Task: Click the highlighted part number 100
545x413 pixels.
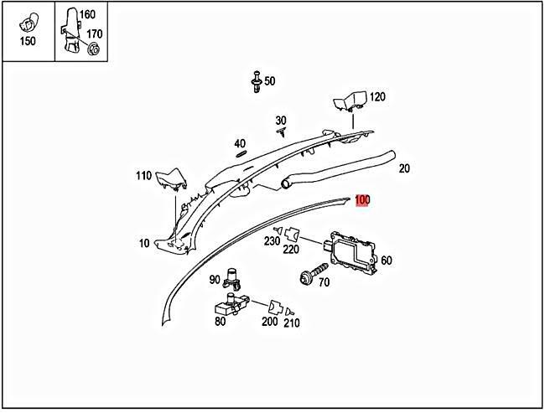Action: (362, 200)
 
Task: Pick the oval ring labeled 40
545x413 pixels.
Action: (240, 153)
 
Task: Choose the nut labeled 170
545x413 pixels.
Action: (94, 49)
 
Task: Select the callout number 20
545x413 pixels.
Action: (404, 168)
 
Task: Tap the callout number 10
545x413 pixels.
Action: (144, 244)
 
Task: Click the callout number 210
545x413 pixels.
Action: (292, 323)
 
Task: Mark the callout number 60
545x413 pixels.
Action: (386, 261)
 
